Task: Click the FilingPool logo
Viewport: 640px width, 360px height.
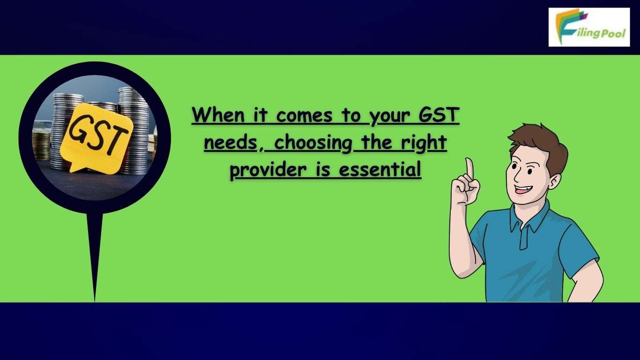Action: [589, 27]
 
